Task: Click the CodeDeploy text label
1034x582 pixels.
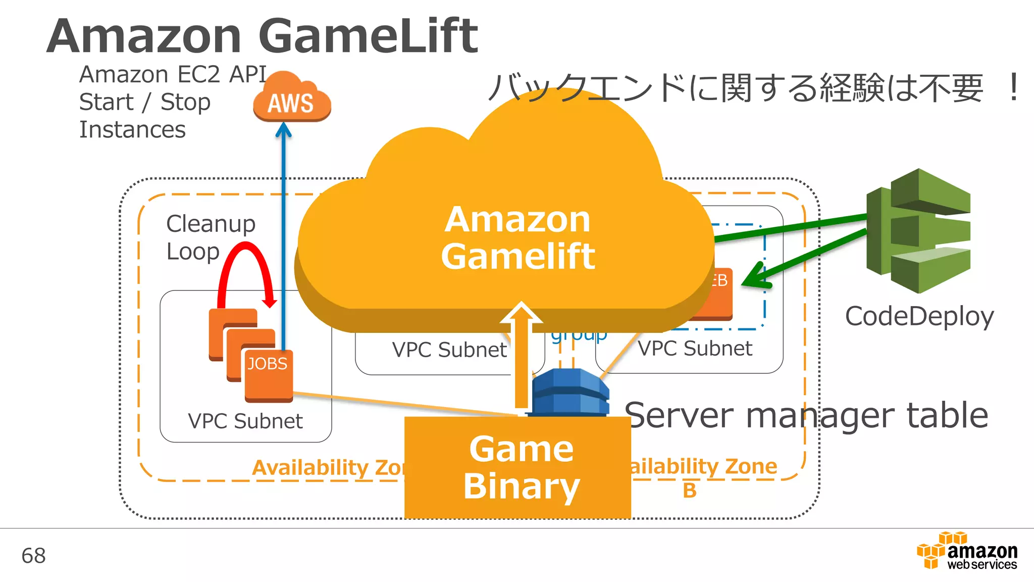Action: [919, 317]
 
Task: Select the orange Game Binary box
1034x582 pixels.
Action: [518, 467]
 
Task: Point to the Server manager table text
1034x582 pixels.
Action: [806, 415]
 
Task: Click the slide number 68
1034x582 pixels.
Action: [33, 556]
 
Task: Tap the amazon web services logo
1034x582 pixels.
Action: [967, 552]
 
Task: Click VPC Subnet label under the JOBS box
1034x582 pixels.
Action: [245, 421]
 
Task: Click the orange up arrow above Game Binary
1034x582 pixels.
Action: [521, 354]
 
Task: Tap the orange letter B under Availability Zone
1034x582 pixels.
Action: [690, 490]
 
